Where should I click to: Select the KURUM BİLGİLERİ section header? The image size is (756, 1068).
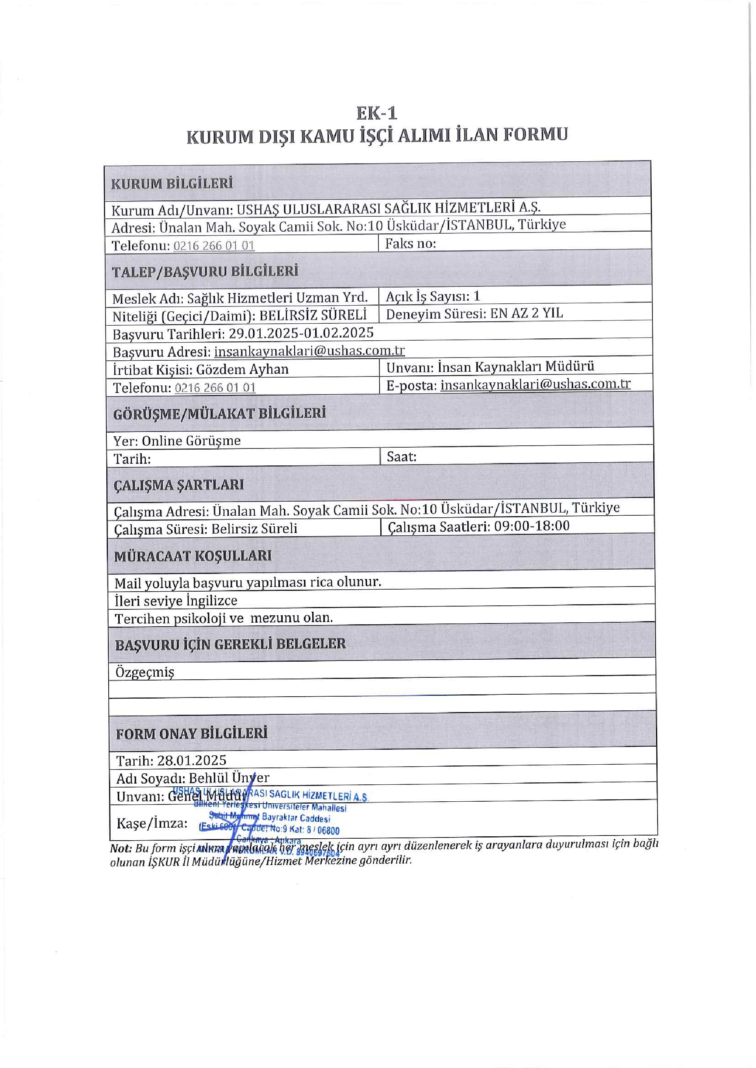(171, 183)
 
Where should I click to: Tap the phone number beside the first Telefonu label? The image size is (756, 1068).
(214, 245)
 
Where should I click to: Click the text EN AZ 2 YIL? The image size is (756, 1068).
(526, 314)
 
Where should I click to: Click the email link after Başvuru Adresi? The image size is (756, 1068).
(309, 351)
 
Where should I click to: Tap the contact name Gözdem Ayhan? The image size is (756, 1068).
(242, 369)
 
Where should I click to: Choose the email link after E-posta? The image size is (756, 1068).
(535, 384)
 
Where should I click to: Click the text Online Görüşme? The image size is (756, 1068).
(191, 441)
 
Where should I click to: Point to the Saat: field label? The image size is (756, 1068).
(401, 457)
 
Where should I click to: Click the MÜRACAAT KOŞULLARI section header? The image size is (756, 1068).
(193, 556)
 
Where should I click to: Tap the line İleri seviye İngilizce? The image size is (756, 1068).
(176, 601)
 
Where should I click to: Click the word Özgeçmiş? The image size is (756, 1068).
(145, 672)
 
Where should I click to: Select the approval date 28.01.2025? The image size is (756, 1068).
(191, 760)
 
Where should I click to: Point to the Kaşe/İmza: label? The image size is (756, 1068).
(152, 823)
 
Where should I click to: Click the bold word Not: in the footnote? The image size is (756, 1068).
(121, 848)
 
